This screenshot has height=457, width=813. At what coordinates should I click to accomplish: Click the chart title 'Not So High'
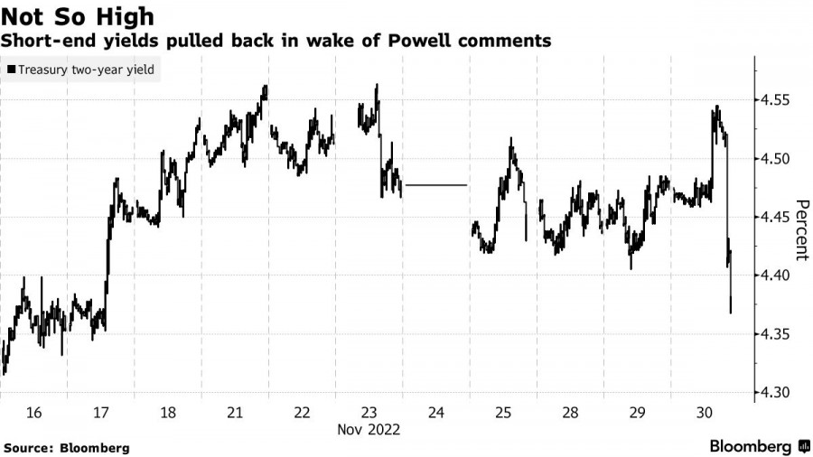pos(77,15)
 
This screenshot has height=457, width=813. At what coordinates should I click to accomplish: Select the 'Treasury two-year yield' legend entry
pos(81,69)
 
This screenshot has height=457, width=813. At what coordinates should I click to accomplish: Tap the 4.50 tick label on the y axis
pos(778,159)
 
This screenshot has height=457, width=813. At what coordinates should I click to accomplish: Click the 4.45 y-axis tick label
pos(778,218)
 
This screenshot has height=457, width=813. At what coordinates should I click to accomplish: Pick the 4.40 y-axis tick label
pos(778,276)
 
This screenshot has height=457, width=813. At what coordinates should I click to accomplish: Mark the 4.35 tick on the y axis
pos(778,335)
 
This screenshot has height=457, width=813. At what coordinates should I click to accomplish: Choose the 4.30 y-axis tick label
pos(778,393)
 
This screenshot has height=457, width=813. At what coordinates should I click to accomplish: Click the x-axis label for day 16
pos(33,413)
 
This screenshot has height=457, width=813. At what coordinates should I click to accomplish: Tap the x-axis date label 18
pos(168,413)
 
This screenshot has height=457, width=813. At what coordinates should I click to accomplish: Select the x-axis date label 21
pos(235,413)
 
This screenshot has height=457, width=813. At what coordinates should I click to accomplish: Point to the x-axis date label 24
pos(436,413)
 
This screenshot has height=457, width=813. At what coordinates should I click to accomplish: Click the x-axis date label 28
pos(571,413)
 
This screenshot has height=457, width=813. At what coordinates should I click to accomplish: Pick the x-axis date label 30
pos(705,413)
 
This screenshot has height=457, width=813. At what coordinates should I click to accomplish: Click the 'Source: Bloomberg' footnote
pos(67,448)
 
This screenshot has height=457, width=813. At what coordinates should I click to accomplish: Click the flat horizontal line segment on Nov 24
pos(436,185)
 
